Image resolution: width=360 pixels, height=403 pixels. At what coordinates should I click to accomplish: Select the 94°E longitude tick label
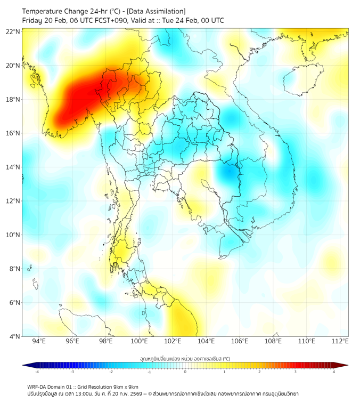39,341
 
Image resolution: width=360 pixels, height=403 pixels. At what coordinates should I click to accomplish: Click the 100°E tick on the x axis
140,341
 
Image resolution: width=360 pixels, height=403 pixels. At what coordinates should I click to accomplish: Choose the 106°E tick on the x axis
240,341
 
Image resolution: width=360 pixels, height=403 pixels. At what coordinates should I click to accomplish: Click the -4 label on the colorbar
37,372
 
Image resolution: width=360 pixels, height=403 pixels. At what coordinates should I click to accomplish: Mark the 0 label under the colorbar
185,372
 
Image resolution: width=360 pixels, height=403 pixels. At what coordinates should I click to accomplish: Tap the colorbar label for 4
334,372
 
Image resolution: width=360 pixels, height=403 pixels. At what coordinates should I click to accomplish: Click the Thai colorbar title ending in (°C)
185,359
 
